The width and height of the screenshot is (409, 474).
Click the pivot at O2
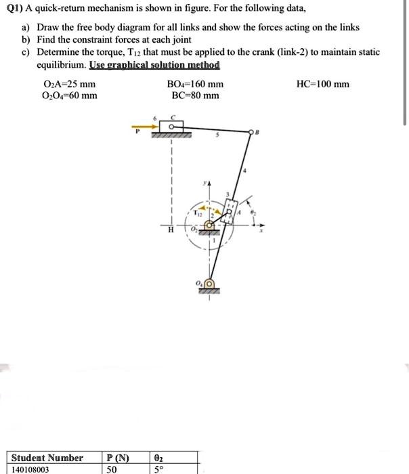[x=210, y=223]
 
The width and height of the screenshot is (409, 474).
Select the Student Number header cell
[x=47, y=458]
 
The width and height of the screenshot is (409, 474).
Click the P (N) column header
[x=119, y=458]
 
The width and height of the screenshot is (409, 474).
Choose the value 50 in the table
[x=112, y=469]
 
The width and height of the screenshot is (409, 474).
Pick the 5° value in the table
[x=158, y=469]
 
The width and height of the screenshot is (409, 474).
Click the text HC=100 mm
[x=323, y=84]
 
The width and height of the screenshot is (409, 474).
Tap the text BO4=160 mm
[x=195, y=84]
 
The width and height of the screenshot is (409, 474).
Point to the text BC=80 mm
[x=195, y=95]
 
